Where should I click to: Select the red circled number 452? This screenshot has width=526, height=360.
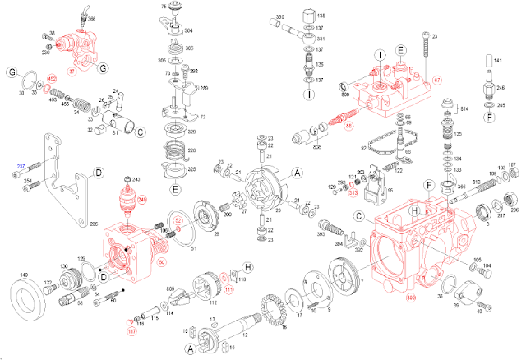[51, 79]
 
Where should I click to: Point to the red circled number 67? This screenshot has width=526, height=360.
[460, 80]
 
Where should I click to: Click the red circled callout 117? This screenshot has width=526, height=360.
[131, 332]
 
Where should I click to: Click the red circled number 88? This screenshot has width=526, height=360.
[349, 126]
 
